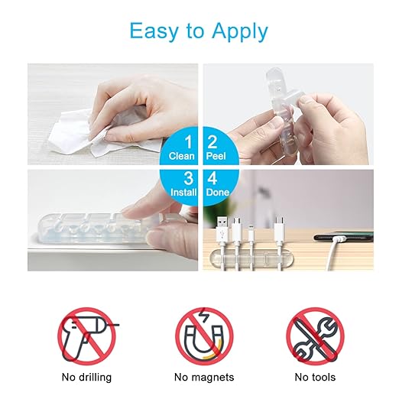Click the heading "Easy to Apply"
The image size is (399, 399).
(x=199, y=31)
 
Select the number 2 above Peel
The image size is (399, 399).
(x=213, y=141)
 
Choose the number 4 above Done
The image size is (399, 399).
(x=213, y=177)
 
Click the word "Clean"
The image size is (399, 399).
(x=182, y=155)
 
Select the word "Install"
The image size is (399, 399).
(x=182, y=192)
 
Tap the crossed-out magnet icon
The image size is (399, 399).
(x=203, y=336)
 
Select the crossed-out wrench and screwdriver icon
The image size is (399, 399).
(x=315, y=336)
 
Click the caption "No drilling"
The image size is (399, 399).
(x=86, y=377)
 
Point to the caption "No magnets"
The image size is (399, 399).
(x=203, y=377)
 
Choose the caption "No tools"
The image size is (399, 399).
(x=315, y=377)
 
